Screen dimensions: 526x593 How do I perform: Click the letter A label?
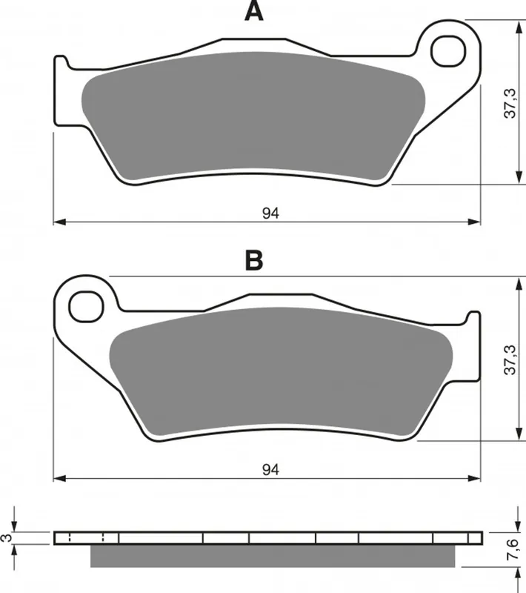pyautogui.click(x=254, y=11)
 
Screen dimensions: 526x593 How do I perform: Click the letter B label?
pyautogui.click(x=254, y=261)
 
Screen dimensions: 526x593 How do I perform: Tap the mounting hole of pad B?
pyautogui.click(x=86, y=307)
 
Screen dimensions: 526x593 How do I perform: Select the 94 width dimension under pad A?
pyautogui.click(x=270, y=213)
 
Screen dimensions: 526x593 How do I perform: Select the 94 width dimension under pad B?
pyautogui.click(x=270, y=470)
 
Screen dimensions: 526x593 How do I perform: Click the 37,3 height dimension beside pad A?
pyautogui.click(x=510, y=103)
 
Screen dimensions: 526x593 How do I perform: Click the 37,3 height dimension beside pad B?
pyautogui.click(x=510, y=360)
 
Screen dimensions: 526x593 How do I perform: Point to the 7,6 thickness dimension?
pyautogui.click(x=513, y=549)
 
